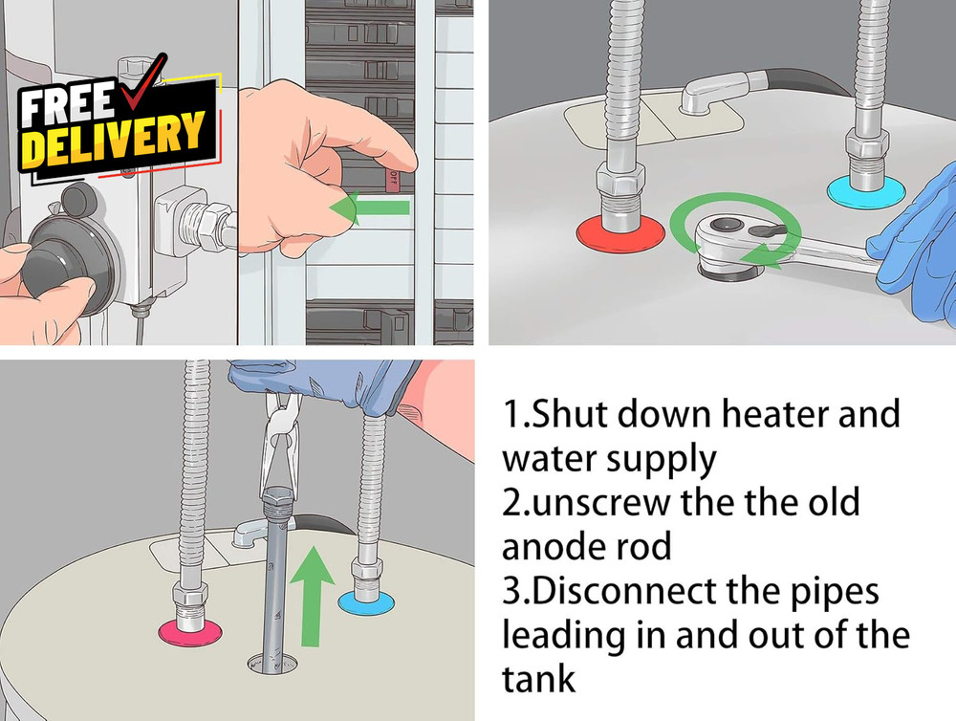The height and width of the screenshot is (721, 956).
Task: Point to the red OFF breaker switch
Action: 393,180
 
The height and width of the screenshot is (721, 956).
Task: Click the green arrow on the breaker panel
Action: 369,208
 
